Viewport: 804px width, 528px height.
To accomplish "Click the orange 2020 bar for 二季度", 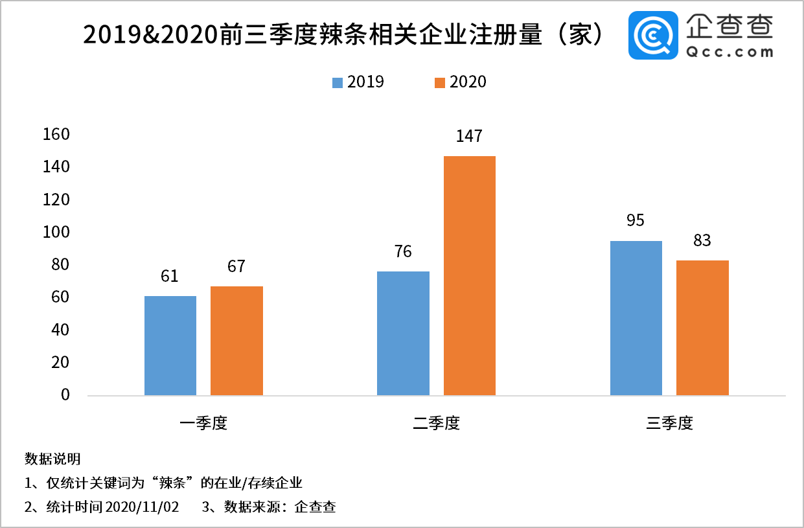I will point(469,275).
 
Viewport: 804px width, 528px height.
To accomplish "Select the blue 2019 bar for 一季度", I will point(170,345).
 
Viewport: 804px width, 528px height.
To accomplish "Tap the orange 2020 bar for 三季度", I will point(702,327).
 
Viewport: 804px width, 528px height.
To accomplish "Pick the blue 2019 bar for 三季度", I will point(636,317).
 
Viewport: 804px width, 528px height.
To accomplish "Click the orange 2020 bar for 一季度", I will point(236,340).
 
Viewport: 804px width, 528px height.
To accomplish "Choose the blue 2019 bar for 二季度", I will point(402,333).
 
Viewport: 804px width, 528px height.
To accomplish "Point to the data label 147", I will point(469,136).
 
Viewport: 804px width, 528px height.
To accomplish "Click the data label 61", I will point(170,277).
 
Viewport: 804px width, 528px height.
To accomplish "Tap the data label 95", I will point(636,221).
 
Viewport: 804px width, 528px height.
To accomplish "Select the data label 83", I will point(702,241).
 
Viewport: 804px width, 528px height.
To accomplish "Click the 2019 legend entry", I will point(358,82).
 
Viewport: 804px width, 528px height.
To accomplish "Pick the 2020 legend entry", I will point(460,82).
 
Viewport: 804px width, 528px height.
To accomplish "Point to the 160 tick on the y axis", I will point(56,135).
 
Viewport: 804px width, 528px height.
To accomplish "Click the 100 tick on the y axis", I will point(56,233).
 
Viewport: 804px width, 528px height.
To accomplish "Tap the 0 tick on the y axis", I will point(65,395).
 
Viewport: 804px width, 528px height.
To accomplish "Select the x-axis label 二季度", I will point(437,424).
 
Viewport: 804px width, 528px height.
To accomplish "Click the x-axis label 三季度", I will point(670,424).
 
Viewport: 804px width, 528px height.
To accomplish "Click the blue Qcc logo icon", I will point(653,36).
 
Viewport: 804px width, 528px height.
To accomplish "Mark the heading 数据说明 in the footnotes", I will point(52,459).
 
